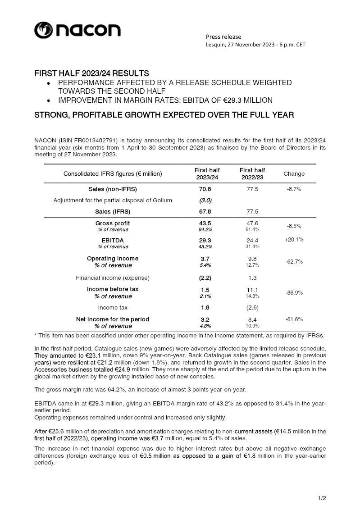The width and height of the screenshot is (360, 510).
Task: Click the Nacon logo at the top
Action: pyautogui.click(x=77, y=30)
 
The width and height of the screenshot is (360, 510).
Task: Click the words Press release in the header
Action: pyautogui.click(x=223, y=37)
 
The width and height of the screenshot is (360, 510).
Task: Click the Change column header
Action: pyautogui.click(x=294, y=174)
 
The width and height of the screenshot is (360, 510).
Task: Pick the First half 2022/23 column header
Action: pyautogui.click(x=252, y=174)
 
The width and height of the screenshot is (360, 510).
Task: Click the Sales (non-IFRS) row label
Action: pyautogui.click(x=113, y=189)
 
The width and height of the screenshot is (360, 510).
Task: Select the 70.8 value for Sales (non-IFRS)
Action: pyautogui.click(x=205, y=189)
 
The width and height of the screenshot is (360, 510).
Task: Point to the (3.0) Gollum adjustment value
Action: pyautogui.click(x=205, y=200)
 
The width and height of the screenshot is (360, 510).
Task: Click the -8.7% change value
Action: pyautogui.click(x=294, y=189)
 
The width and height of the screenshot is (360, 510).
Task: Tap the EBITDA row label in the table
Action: pyautogui.click(x=113, y=241)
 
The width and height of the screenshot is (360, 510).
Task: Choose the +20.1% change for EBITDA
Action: pyautogui.click(x=294, y=240)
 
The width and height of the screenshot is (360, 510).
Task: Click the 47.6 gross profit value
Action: pyautogui.click(x=252, y=223)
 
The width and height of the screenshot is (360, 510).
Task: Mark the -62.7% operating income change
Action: pyautogui.click(x=294, y=262)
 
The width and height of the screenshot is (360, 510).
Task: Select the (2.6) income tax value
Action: pyautogui.click(x=252, y=308)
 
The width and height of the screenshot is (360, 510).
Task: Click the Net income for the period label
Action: pyautogui.click(x=113, y=319)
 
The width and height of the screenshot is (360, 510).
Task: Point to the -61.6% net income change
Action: pyautogui.click(x=294, y=319)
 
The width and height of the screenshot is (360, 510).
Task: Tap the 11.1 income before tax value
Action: pyautogui.click(x=252, y=290)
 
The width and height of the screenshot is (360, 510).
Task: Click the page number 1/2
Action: pyautogui.click(x=322, y=498)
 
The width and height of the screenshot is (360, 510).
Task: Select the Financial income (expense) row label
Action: pyautogui.click(x=113, y=278)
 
